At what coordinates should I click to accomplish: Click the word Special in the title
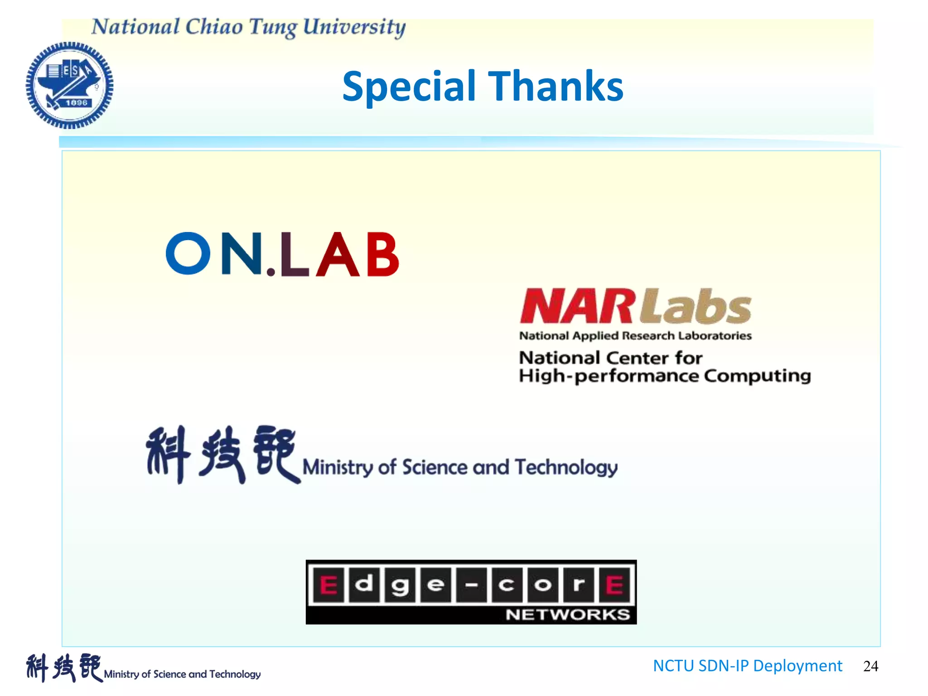pyautogui.click(x=409, y=87)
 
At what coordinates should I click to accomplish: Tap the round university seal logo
pyautogui.click(x=69, y=85)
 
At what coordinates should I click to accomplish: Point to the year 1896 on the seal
pyautogui.click(x=76, y=103)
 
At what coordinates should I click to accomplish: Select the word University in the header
pyautogui.click(x=354, y=27)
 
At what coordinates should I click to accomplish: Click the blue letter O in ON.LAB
pyautogui.click(x=188, y=253)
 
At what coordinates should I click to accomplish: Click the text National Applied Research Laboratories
pyautogui.click(x=635, y=336)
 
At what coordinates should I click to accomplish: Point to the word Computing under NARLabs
pyautogui.click(x=757, y=376)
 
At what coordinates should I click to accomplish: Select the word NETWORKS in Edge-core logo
pyautogui.click(x=567, y=614)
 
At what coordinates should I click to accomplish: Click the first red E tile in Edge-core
pyautogui.click(x=329, y=585)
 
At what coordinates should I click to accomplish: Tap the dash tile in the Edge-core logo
pyautogui.click(x=471, y=585)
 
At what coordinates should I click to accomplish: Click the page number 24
pyautogui.click(x=870, y=666)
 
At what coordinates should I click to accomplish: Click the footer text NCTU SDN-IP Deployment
pyautogui.click(x=747, y=666)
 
